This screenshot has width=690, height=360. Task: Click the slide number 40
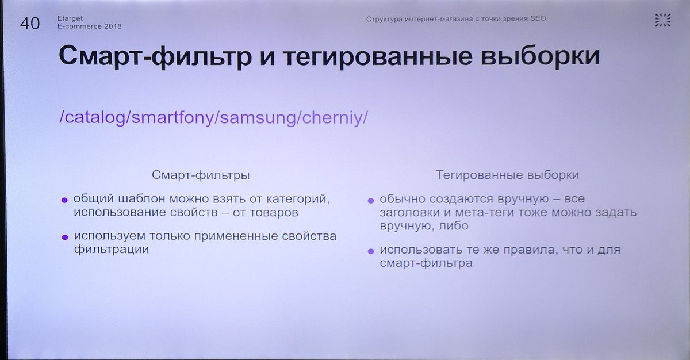(30, 24)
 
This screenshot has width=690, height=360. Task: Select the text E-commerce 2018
(90, 26)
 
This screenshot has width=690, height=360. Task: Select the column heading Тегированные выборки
(507, 174)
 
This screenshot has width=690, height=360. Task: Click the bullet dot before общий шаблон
(64, 200)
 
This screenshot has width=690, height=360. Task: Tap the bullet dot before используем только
(64, 237)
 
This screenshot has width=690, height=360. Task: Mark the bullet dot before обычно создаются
(371, 200)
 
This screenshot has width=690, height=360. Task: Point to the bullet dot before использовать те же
(371, 251)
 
